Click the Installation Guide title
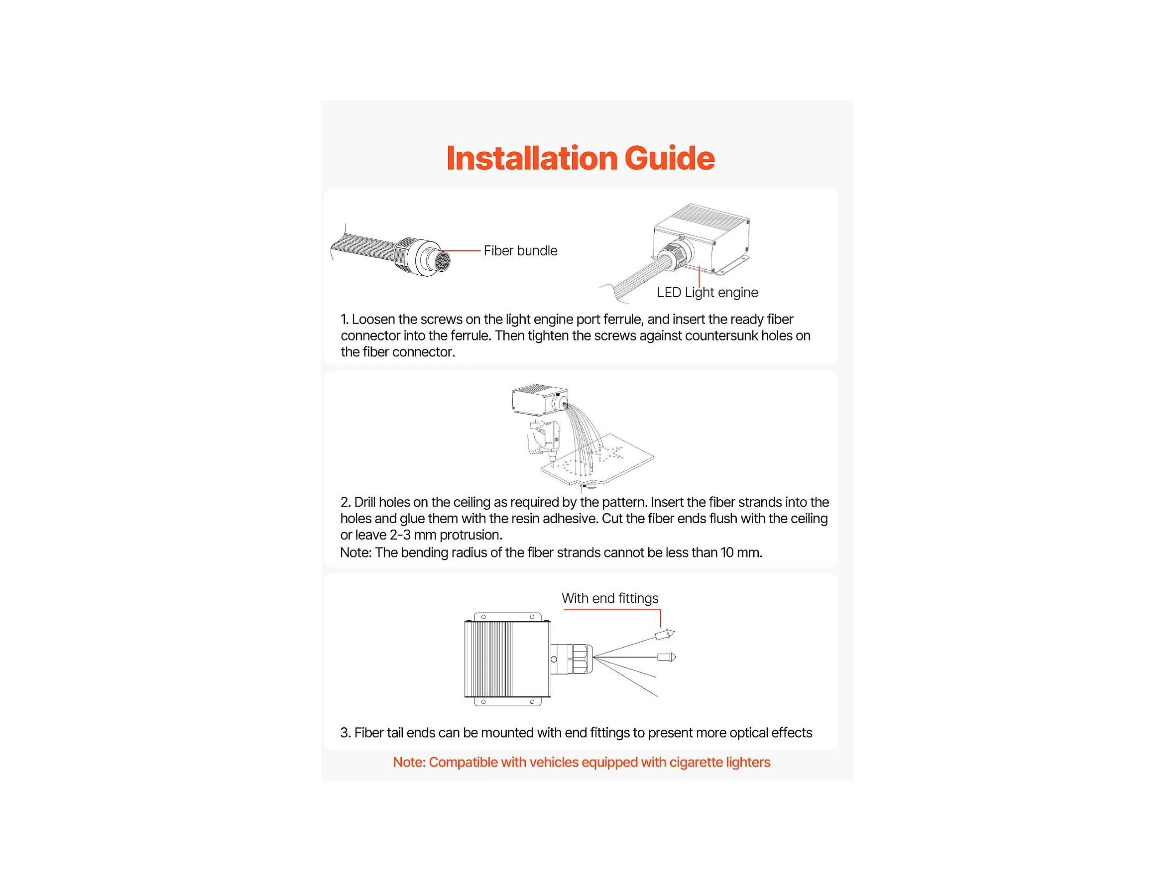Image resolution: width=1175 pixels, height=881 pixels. (581, 158)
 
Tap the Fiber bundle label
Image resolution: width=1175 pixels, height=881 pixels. (521, 251)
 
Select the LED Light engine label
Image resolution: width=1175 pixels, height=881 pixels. (707, 293)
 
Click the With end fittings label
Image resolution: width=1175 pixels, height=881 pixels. (610, 598)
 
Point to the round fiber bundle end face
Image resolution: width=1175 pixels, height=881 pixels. (442, 261)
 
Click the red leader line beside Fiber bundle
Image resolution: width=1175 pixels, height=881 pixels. (460, 251)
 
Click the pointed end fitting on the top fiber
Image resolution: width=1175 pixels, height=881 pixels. (665, 634)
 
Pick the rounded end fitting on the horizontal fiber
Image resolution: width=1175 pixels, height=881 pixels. (667, 658)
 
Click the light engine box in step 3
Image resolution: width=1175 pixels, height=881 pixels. (507, 659)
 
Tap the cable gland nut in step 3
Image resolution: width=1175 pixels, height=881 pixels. (582, 659)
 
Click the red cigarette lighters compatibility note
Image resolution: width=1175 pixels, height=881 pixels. (582, 763)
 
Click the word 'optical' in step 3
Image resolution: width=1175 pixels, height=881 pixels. (748, 733)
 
